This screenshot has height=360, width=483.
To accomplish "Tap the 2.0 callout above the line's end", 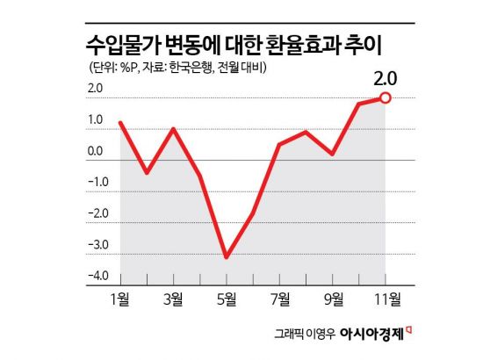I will [x=385, y=77].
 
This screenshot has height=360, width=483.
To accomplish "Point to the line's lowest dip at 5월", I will [x=227, y=257].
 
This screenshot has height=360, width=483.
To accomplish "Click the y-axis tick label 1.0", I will [x=96, y=120].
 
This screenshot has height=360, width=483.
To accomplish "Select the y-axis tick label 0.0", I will [x=96, y=151].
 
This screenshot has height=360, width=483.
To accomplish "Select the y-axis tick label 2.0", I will [x=96, y=89].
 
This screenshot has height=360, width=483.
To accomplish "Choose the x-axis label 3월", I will [x=173, y=299].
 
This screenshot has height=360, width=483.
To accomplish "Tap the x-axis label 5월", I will [x=226, y=299].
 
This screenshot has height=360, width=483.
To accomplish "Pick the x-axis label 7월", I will [x=279, y=299].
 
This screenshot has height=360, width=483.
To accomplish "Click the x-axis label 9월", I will [x=333, y=299].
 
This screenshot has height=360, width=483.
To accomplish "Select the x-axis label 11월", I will [x=385, y=299].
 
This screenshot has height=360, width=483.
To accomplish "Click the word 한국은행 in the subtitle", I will [x=189, y=67].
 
